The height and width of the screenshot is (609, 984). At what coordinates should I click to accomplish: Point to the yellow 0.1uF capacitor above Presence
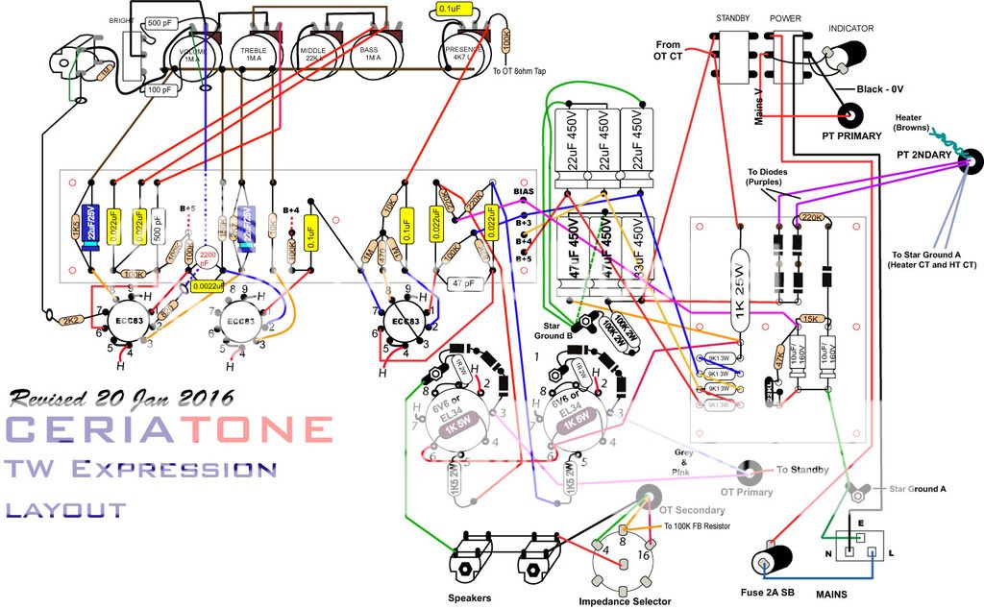tap(449, 9)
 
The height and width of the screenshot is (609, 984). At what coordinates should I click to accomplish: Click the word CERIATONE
tap(169, 429)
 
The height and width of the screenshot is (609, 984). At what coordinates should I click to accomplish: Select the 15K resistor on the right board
tap(810, 319)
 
